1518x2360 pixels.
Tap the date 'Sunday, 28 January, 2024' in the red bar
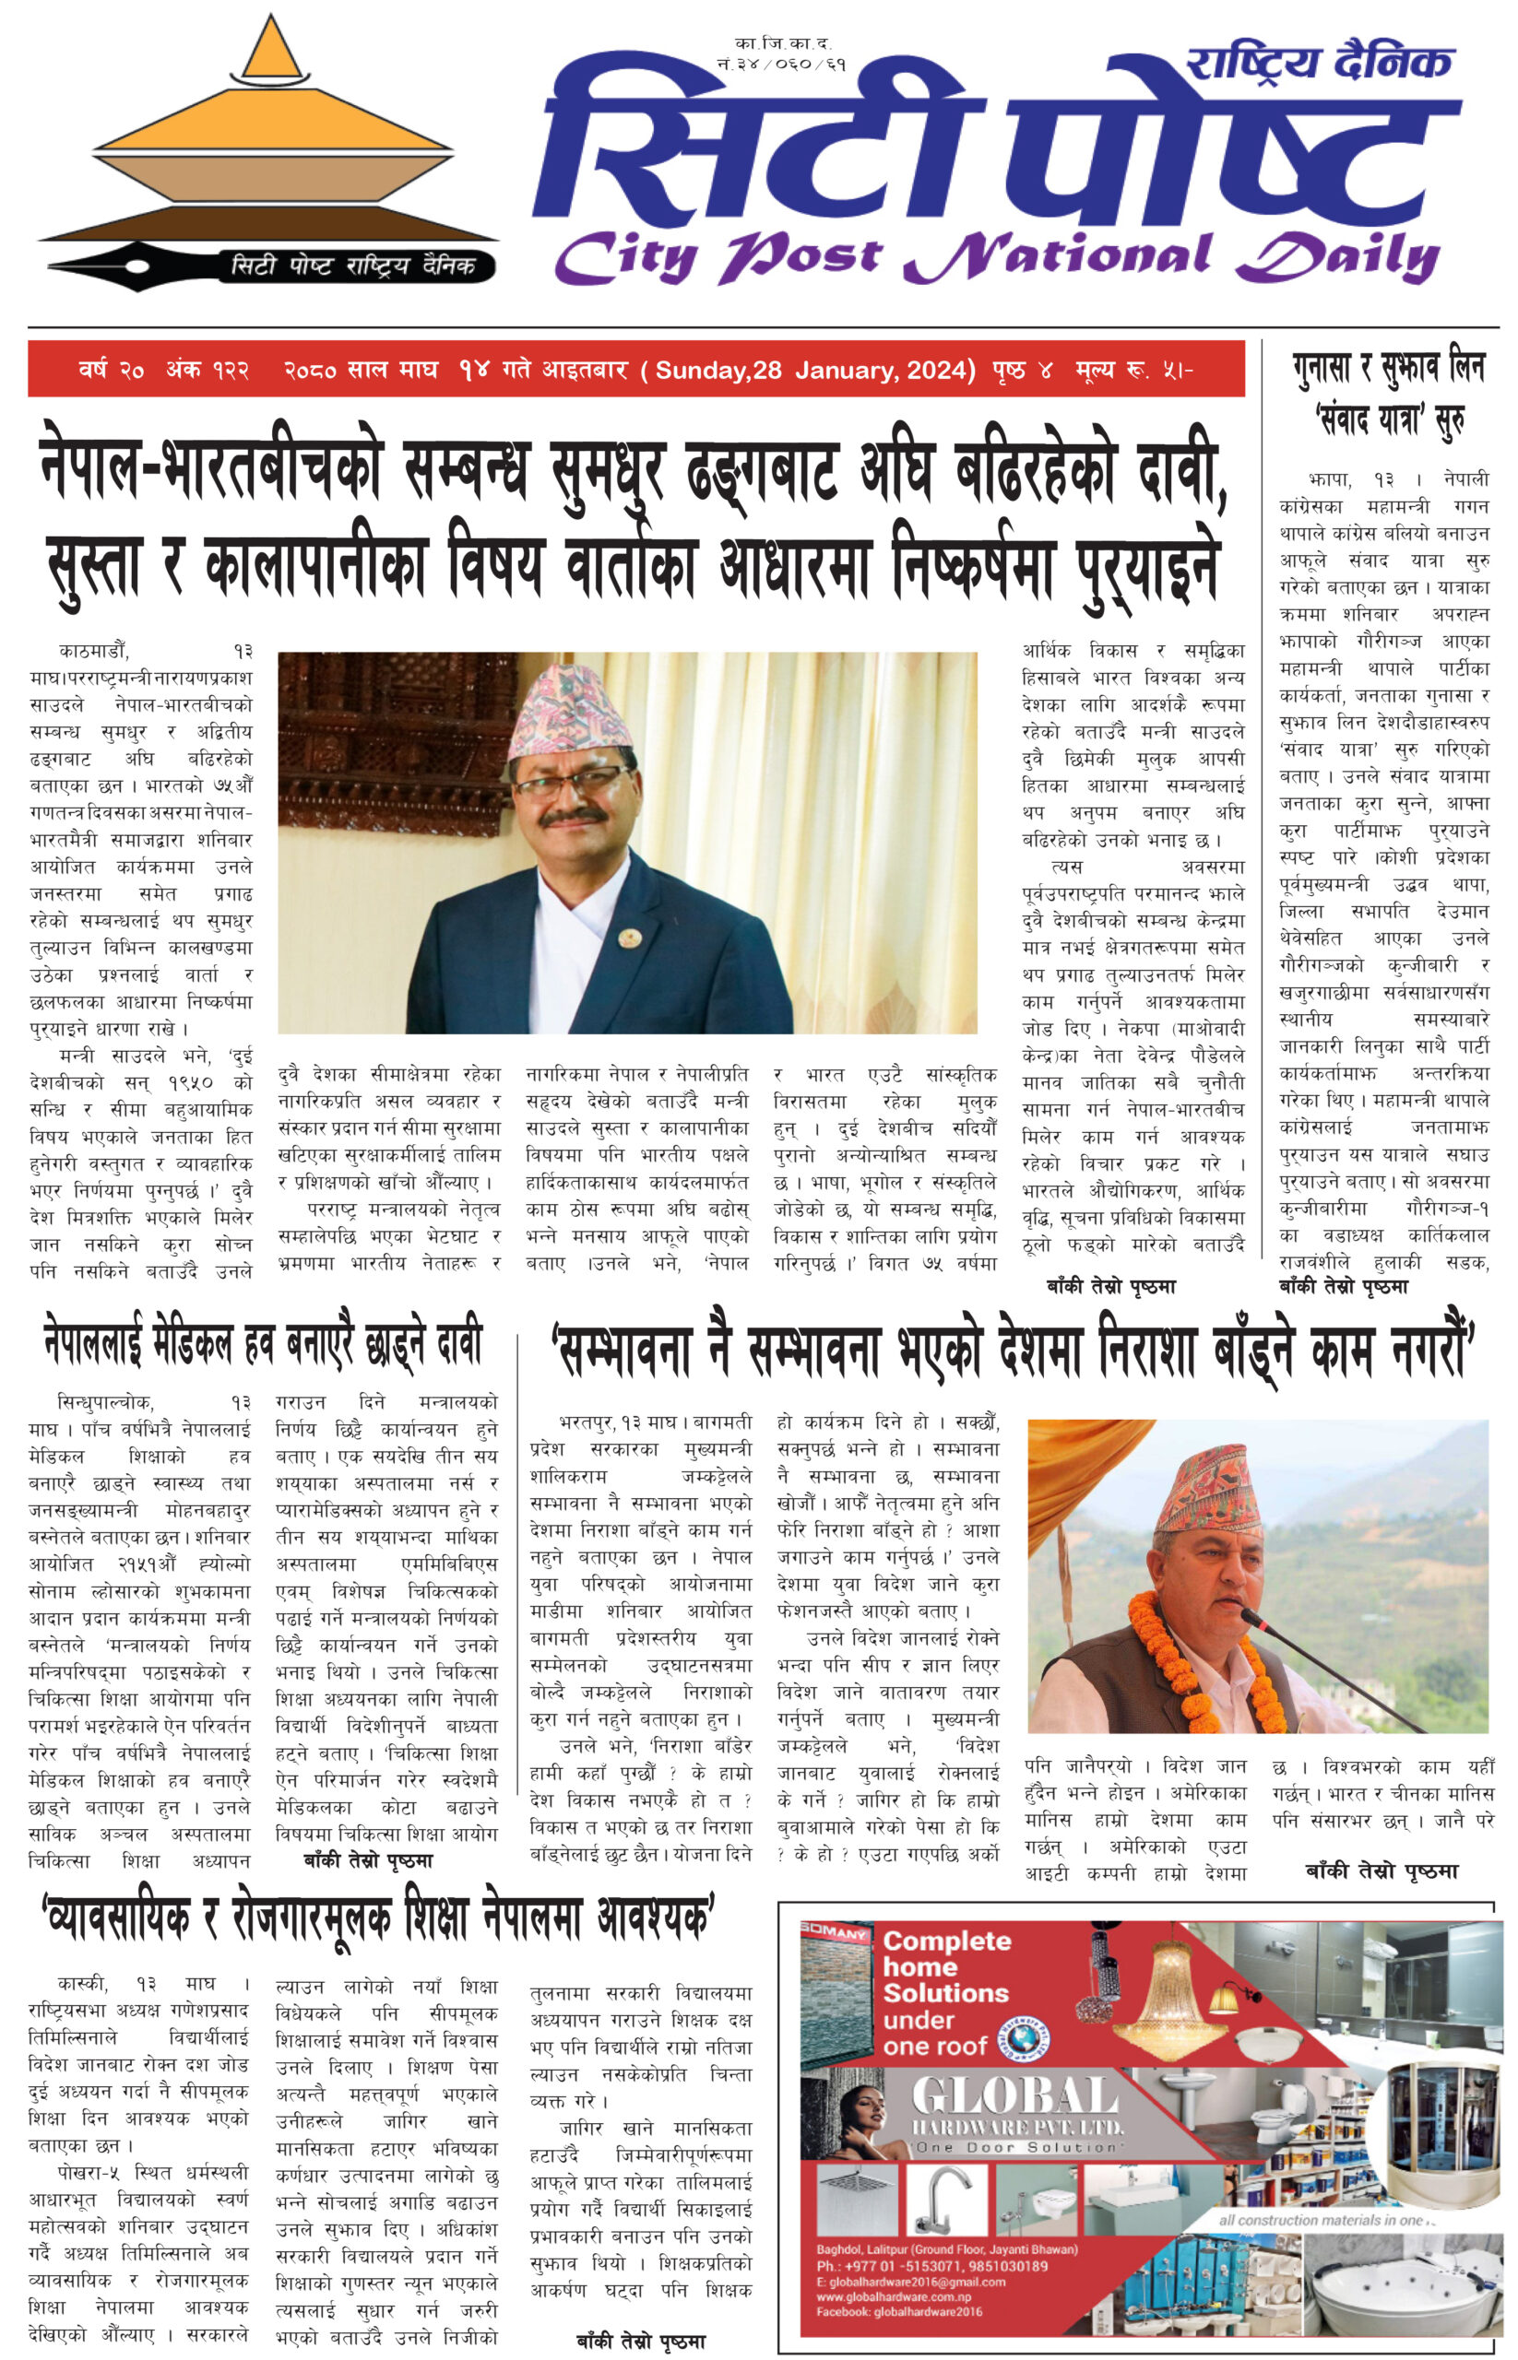[x=814, y=371]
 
